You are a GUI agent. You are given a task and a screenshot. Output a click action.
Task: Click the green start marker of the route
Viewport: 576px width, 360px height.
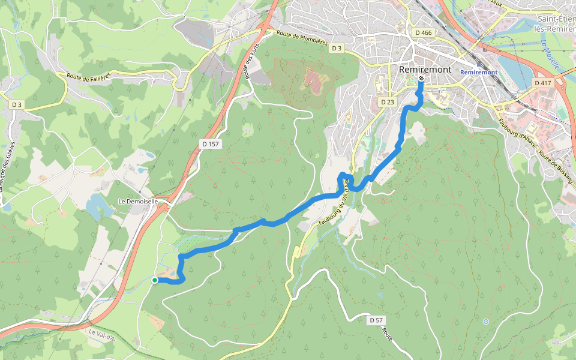(x=155, y=280)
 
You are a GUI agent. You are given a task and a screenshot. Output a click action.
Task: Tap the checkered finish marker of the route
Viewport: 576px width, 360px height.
(x=421, y=79)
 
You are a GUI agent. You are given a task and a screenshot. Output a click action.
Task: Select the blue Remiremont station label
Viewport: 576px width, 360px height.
(x=479, y=73)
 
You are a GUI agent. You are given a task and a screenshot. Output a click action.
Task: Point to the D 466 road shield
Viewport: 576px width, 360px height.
(x=423, y=33)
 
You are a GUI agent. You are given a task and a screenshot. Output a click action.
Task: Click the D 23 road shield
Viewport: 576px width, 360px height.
(x=388, y=103)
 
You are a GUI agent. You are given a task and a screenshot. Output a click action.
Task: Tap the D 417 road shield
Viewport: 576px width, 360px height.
(x=542, y=83)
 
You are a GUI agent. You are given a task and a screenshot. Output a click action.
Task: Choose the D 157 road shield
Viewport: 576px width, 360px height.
(x=209, y=145)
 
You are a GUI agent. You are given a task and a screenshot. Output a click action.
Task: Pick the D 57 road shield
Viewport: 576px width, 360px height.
(x=376, y=320)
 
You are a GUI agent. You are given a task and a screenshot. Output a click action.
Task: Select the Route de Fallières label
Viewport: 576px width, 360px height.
(x=89, y=77)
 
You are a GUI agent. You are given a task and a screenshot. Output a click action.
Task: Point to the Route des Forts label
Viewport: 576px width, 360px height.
(x=250, y=64)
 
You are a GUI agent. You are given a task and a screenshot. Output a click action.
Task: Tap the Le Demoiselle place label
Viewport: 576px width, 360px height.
(x=138, y=202)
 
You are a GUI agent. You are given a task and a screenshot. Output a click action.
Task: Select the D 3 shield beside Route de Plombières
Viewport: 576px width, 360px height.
(x=337, y=48)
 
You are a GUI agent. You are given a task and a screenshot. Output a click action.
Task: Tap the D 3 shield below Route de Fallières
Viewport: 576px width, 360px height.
(x=17, y=104)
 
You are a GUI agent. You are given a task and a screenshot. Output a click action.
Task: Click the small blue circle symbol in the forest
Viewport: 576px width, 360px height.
(x=485, y=322)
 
